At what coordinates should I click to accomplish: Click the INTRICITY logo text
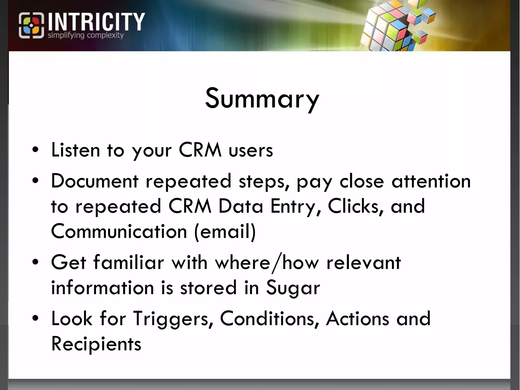click(96, 22)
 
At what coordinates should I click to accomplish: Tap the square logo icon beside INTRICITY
click(31, 25)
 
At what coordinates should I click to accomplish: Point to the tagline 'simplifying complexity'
click(86, 35)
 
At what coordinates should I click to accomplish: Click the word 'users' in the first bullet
click(251, 150)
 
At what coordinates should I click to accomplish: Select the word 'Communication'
click(119, 231)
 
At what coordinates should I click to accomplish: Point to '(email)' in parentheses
click(225, 231)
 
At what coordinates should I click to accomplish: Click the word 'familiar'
click(128, 262)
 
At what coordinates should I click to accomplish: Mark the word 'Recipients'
click(96, 344)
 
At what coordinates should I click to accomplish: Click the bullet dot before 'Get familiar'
click(36, 262)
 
